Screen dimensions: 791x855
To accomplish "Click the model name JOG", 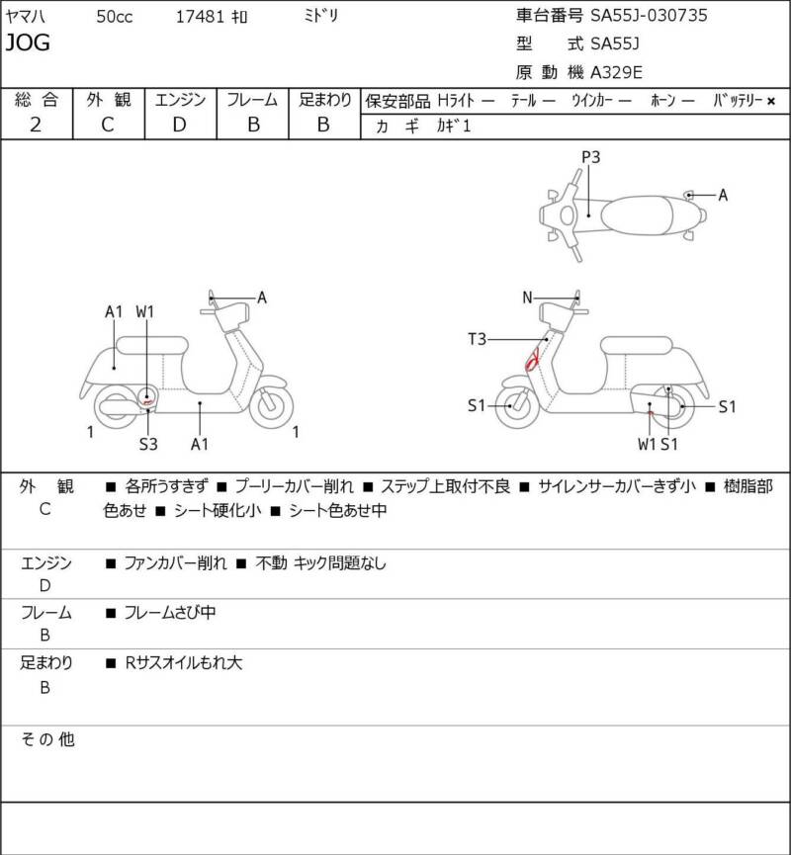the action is [28, 43].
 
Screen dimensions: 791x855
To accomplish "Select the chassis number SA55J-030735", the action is [649, 15].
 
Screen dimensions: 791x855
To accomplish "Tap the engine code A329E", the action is [616, 72].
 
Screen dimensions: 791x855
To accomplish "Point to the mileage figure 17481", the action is [200, 17].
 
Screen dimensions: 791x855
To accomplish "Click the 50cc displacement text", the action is [115, 17].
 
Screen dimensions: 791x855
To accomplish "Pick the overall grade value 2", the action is [36, 125].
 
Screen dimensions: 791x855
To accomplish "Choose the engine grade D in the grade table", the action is [180, 125].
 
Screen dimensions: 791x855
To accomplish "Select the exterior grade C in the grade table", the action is [108, 125].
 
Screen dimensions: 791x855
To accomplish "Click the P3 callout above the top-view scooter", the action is [590, 157].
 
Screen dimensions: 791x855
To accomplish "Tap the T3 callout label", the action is [477, 339].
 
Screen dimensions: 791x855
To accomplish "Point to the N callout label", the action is [527, 298].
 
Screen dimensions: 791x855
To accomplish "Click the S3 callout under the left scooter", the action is [148, 445].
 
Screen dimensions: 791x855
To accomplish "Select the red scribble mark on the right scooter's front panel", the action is [532, 359].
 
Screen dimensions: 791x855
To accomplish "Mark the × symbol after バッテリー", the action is [771, 101].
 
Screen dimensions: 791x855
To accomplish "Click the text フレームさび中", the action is [170, 613].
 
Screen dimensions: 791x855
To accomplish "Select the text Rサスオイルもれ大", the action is [183, 663].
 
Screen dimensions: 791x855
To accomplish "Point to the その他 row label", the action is [47, 739].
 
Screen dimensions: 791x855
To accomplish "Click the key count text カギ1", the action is [453, 126].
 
